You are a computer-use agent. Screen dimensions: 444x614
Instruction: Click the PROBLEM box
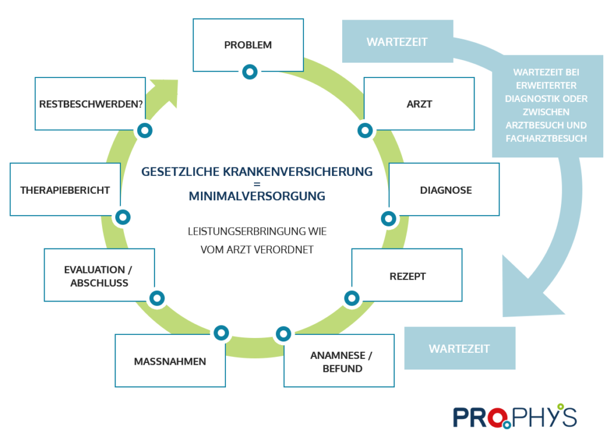248,45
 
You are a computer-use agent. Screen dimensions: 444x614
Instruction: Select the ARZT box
419,104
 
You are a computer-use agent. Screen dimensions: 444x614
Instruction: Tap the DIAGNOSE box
444,190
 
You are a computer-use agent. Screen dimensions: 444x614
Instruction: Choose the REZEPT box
407,276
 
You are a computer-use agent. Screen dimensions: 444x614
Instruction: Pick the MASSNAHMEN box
170,361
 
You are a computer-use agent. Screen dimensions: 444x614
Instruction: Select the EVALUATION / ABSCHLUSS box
99,276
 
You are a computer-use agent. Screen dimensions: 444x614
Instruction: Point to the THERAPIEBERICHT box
65,190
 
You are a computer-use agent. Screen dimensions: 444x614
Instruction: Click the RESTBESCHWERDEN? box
91,104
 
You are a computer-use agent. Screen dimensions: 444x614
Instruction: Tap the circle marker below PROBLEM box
250,72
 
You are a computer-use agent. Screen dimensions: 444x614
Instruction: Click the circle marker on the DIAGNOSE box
388,218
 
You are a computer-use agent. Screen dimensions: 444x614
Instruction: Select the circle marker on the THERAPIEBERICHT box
122,217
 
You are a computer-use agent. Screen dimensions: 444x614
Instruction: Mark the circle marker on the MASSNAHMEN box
221,333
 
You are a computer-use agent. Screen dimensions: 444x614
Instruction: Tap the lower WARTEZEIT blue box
460,348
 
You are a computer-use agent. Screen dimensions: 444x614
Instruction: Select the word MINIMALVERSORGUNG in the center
257,195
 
